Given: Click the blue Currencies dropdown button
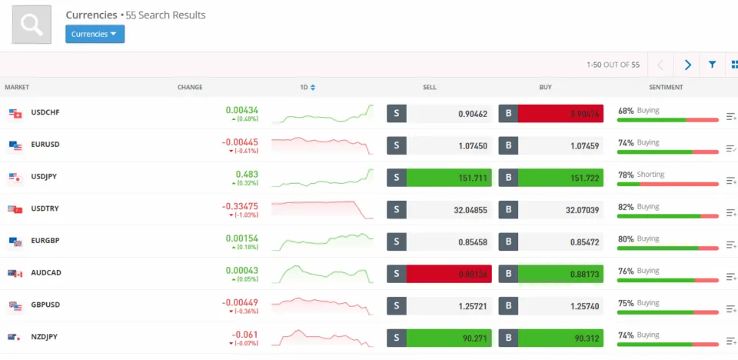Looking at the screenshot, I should click(95, 34).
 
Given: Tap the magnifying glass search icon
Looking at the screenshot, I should click(32, 25).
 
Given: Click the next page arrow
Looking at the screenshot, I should click(687, 65).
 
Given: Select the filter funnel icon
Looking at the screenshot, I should click(713, 65).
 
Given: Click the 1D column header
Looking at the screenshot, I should click(307, 88).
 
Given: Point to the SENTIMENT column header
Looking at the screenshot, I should click(666, 88).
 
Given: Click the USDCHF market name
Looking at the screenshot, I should click(45, 113).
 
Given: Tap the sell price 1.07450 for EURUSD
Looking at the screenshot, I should click(449, 145).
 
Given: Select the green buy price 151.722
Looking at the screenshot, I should click(560, 178).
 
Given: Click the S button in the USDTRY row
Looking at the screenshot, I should click(396, 210).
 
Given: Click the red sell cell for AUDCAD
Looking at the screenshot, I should click(449, 274).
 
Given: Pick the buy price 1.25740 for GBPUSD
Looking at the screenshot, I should click(560, 306).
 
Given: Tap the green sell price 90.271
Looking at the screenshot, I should click(449, 338).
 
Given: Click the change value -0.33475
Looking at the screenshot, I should click(240, 206).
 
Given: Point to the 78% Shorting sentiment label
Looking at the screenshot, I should click(641, 175).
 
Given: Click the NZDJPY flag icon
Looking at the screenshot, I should click(15, 338).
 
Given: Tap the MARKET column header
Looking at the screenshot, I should click(17, 88).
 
